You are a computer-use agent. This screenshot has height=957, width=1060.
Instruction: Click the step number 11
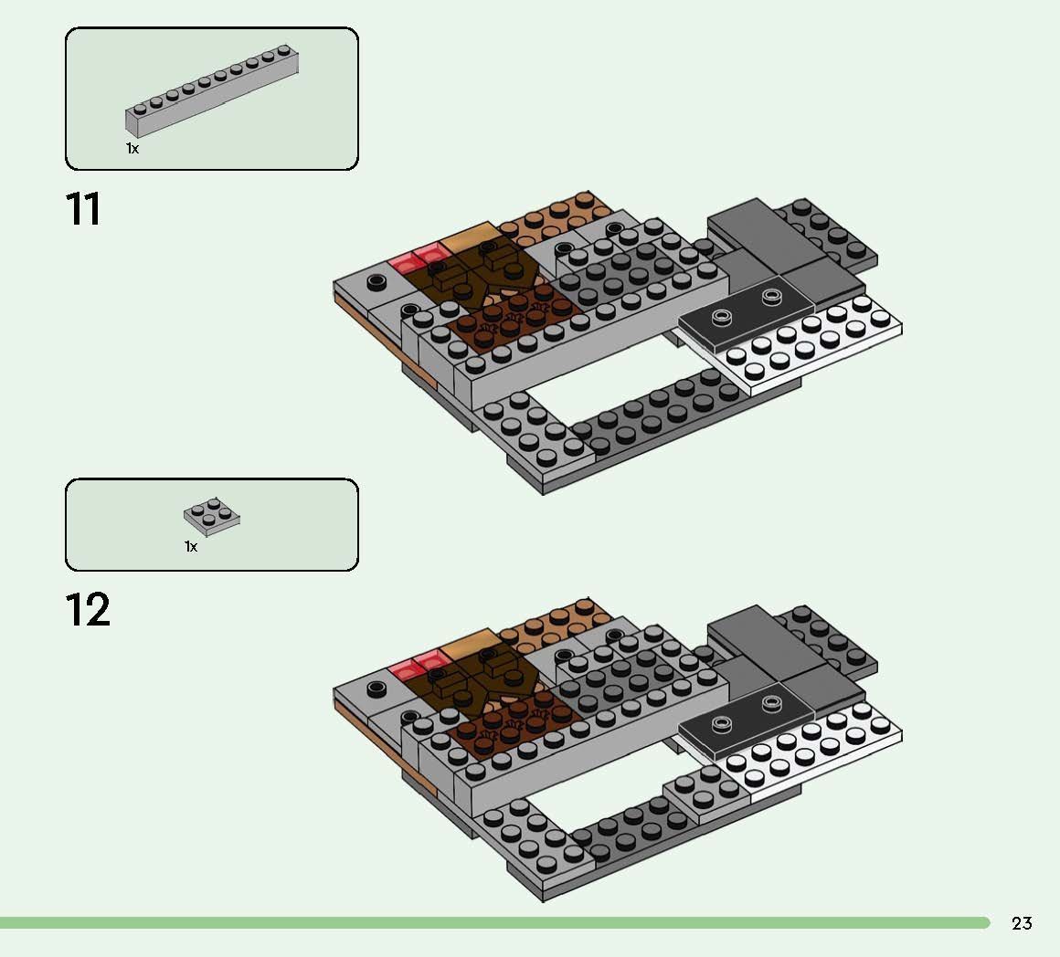(83, 209)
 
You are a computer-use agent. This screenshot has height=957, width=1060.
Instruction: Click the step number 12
(87, 610)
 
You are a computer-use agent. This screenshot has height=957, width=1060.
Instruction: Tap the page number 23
(1022, 923)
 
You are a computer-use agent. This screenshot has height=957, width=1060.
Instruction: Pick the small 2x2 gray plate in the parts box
(212, 518)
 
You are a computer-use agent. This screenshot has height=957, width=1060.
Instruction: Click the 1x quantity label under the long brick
(132, 149)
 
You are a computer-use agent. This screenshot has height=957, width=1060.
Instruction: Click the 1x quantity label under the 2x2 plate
(191, 546)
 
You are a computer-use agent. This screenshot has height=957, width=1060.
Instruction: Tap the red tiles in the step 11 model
(416, 258)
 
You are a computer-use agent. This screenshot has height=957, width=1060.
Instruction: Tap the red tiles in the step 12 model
(416, 665)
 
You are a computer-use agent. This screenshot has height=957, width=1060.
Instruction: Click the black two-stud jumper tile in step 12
(747, 720)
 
